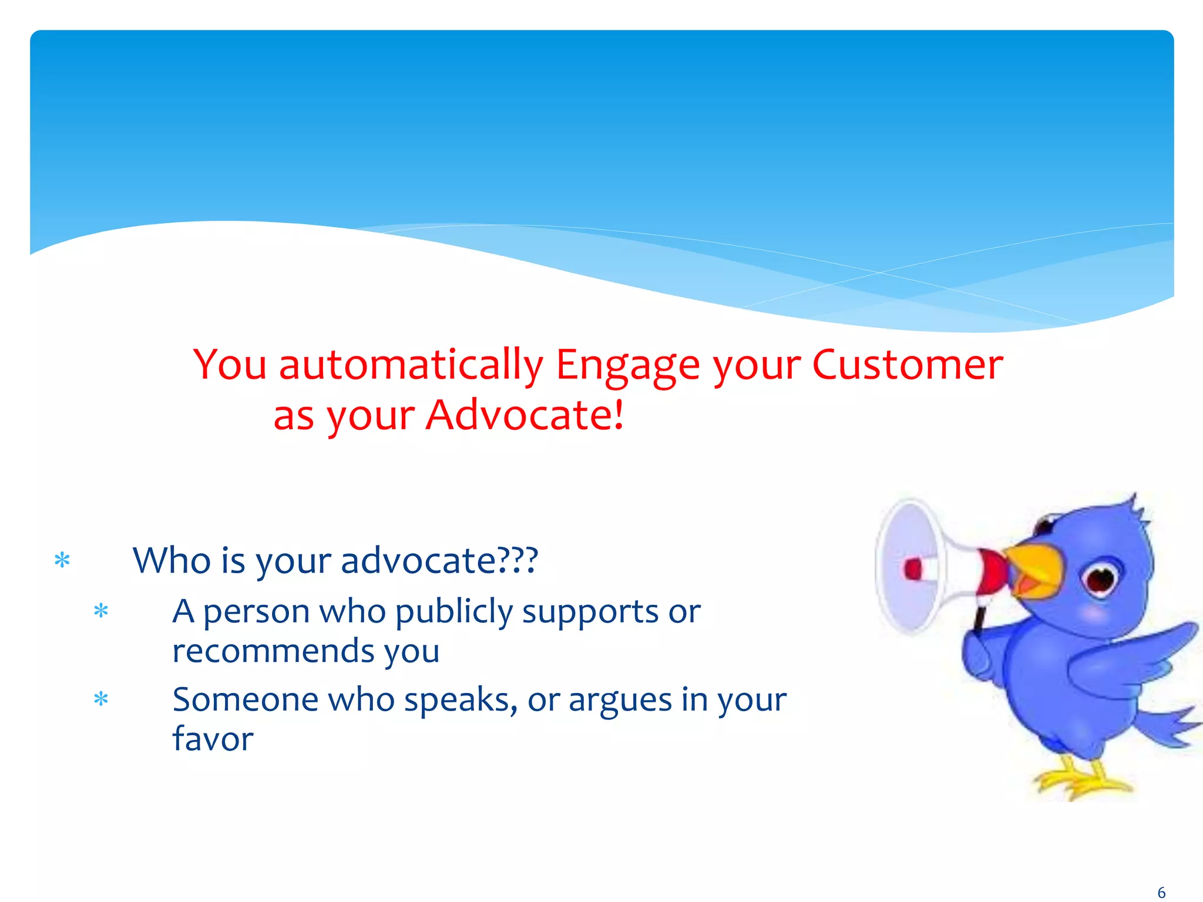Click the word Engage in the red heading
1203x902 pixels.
(x=627, y=365)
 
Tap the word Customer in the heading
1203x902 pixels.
(x=908, y=365)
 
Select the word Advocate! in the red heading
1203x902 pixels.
(x=524, y=415)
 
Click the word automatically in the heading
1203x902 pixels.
(x=411, y=365)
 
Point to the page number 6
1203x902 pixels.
(x=1161, y=893)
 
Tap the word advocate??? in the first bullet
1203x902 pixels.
(x=439, y=561)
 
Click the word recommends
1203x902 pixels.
(x=272, y=651)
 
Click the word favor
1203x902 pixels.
(x=213, y=739)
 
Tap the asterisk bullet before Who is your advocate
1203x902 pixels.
(x=62, y=561)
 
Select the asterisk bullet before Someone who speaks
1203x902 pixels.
(x=101, y=699)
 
